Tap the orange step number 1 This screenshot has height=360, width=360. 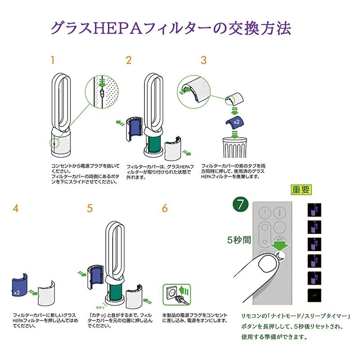[x=53, y=60]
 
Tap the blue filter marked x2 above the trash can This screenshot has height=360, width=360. [x=234, y=121]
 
